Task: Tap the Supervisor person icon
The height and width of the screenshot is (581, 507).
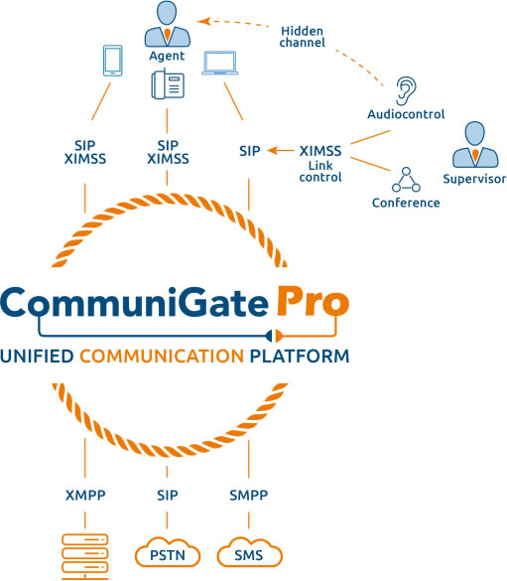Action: [475, 145]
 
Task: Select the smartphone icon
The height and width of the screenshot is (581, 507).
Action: [113, 61]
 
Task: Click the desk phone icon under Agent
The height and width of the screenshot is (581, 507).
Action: [168, 84]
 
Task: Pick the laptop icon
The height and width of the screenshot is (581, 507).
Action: [220, 63]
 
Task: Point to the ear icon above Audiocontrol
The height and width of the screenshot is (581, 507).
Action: [406, 91]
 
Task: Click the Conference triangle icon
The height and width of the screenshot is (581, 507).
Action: [406, 180]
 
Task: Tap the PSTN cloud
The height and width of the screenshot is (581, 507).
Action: [168, 552]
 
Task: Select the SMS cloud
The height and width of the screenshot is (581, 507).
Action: [249, 552]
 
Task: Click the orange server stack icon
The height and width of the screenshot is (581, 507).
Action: [85, 556]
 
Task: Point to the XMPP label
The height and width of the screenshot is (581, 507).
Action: [85, 495]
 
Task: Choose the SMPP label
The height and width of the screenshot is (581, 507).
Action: [249, 495]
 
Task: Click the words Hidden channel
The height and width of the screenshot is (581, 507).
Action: [302, 37]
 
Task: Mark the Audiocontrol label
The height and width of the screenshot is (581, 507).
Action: [406, 114]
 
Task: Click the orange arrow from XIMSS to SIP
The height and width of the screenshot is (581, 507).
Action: [280, 150]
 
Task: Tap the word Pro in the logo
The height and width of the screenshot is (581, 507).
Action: [314, 301]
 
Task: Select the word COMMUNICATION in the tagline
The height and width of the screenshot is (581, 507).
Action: [162, 357]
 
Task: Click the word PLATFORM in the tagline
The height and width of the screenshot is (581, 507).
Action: [300, 357]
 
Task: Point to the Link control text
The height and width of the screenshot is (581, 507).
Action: [320, 171]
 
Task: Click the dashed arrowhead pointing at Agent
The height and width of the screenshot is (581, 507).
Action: [203, 21]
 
